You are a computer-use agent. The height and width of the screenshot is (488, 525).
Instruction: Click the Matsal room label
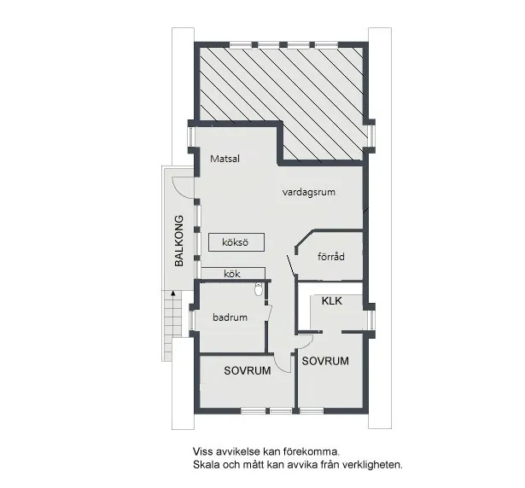225,159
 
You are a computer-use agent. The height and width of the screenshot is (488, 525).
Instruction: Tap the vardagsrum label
309,192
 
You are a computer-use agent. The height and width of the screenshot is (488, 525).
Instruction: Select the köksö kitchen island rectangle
236,242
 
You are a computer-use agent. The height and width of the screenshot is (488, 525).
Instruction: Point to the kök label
232,274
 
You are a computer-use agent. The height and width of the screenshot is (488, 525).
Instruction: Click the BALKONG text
179,241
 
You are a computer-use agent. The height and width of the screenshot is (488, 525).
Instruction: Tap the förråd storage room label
331,257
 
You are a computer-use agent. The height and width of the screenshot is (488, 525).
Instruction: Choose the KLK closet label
332,300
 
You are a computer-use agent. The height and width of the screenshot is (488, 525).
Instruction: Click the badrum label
230,317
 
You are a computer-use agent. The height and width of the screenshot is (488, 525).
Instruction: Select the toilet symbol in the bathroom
259,289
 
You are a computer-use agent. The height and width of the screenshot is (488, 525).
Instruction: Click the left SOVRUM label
248,370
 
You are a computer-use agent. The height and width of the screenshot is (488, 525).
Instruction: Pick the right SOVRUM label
325,361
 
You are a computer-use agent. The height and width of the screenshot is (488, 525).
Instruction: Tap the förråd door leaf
291,266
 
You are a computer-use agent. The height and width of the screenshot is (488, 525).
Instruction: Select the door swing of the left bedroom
280,366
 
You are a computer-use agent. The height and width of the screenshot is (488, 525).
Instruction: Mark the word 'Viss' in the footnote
202,451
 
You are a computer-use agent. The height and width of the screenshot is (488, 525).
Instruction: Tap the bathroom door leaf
270,312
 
